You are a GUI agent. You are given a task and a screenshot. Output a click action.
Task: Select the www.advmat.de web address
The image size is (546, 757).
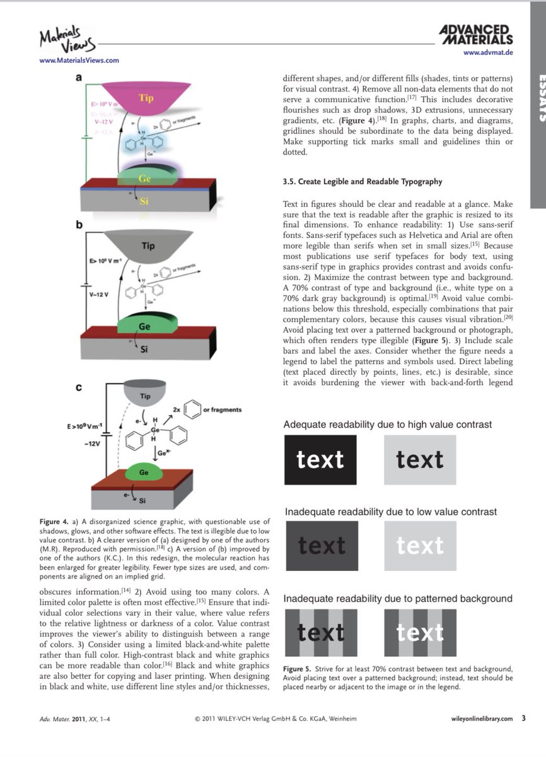[x=487, y=52]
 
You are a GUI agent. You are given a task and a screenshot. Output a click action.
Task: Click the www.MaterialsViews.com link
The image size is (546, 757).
[x=79, y=61]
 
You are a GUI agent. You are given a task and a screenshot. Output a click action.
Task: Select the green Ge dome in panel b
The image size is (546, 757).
[x=144, y=326]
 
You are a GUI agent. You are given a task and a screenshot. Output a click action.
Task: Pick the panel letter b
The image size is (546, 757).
[x=80, y=223]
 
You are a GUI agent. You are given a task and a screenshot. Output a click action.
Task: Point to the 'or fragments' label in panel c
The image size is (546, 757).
[x=222, y=409]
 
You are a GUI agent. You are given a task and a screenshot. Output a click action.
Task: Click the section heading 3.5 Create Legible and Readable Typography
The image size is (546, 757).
[x=362, y=182]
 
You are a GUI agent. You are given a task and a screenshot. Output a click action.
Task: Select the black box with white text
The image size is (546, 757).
[x=320, y=460]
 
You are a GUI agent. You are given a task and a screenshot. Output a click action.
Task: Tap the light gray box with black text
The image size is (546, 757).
[x=420, y=460]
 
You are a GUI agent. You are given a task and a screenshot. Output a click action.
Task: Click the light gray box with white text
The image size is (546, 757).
[x=420, y=546]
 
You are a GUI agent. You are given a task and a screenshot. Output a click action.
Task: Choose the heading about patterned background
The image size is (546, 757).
[x=397, y=598]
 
